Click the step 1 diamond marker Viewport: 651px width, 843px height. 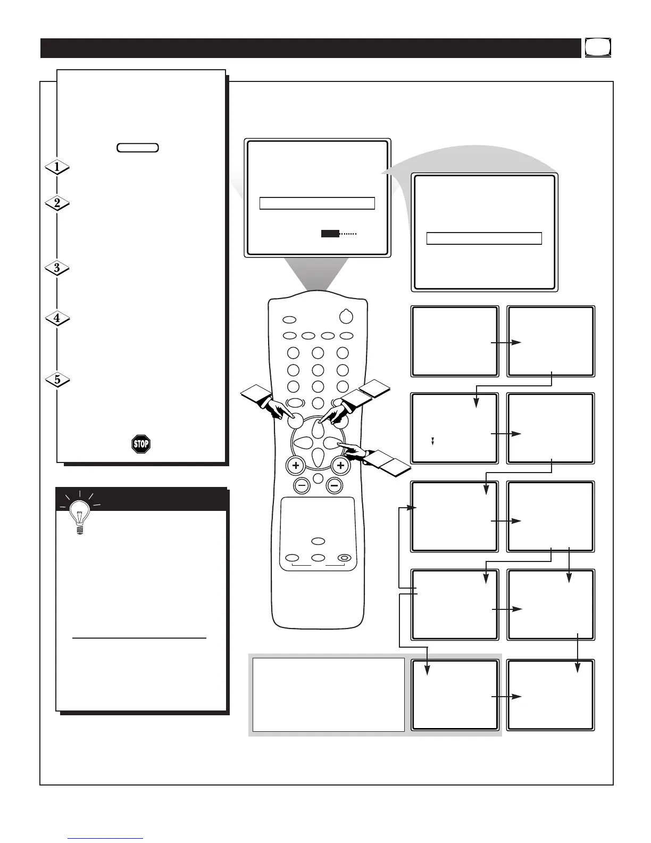[x=57, y=167]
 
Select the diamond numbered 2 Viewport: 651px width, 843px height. [x=57, y=203]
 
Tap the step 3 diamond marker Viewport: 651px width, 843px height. [x=57, y=268]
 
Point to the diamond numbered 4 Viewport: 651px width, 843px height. [x=57, y=318]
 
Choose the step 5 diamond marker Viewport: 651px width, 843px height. [x=57, y=379]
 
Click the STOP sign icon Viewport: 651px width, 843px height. [x=141, y=444]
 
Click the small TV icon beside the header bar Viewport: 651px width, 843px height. [x=598, y=48]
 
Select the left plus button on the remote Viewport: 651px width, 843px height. [x=296, y=466]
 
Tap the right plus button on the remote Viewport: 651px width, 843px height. [x=341, y=466]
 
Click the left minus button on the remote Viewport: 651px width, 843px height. [x=303, y=485]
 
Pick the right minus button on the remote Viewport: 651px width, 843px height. [x=335, y=485]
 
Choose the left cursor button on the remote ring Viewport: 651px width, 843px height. [x=304, y=443]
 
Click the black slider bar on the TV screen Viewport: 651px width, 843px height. [x=330, y=234]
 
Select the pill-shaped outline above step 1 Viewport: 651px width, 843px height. [x=138, y=147]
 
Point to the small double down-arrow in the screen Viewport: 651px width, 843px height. [x=433, y=441]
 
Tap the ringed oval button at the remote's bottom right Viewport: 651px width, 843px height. [x=344, y=558]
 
